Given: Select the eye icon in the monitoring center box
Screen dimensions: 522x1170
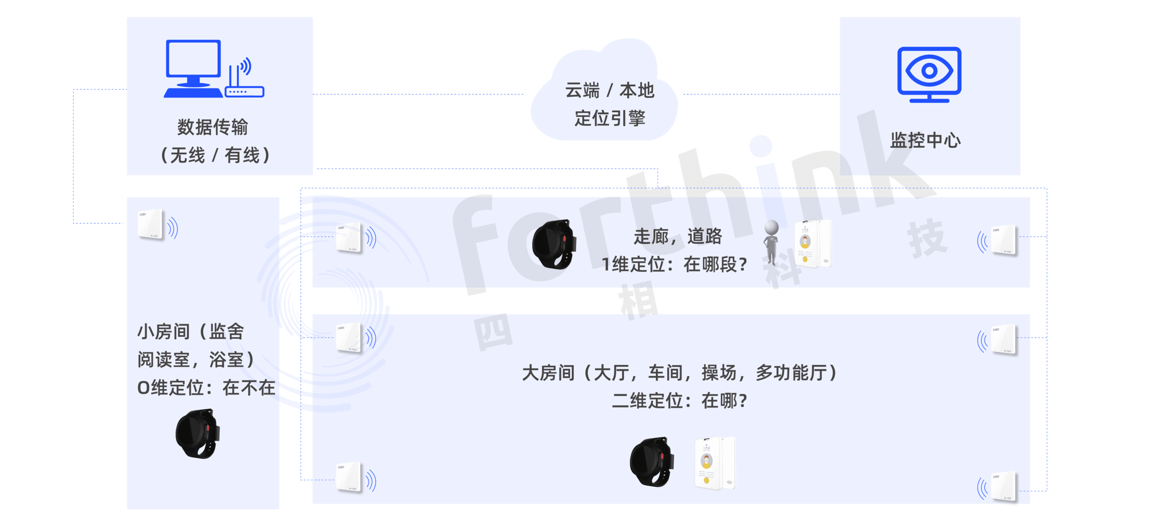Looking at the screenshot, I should coord(929,72).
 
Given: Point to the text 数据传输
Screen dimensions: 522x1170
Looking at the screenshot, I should coord(213,127).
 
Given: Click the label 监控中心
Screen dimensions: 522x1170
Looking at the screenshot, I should coord(925,141).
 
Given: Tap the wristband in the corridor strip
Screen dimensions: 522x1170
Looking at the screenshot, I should coord(554,244).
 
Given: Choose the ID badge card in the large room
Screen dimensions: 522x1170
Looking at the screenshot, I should coord(714,463).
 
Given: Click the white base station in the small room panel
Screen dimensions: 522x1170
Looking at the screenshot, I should coord(150,224).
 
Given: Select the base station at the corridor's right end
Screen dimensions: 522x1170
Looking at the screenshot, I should coord(1004,240).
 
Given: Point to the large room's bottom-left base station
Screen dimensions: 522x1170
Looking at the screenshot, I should coord(349,478).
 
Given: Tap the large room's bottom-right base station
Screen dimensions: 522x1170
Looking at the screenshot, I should coord(1004,487).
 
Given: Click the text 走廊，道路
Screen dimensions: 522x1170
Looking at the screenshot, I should coord(677,237).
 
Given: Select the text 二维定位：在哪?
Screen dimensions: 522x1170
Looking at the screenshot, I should coord(679,401).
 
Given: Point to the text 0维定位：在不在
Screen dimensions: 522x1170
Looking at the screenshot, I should coord(206,388).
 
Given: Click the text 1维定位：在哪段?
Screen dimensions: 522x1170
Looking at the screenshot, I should coord(674,264).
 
